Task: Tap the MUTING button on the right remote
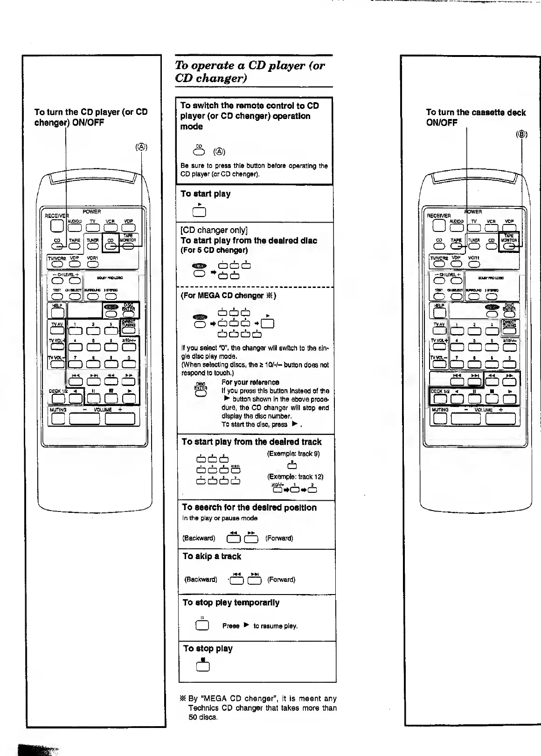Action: tap(440, 418)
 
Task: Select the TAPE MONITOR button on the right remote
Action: tap(509, 246)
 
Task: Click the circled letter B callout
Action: tap(521, 135)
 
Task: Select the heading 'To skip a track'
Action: tap(212, 556)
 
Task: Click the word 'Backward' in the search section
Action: tap(199, 538)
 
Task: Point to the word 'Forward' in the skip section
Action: tap(281, 580)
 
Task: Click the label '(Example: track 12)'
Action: tap(295, 476)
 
